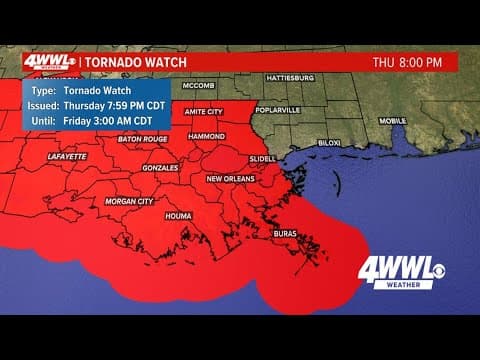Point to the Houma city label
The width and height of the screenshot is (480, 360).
tap(180, 215)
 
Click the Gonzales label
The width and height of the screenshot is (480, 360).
tap(160, 169)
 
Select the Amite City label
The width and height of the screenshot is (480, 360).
tap(202, 111)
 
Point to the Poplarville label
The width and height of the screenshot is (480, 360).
tap(278, 111)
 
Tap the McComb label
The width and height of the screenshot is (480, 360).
tap(200, 86)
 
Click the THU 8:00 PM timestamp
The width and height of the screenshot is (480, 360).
tap(407, 62)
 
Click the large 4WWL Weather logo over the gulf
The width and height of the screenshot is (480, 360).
tap(410, 272)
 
